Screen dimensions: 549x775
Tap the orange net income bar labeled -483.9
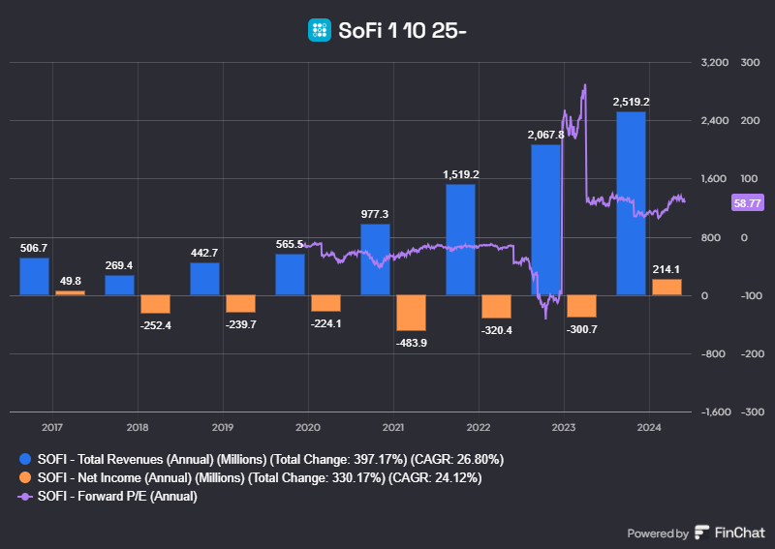411,313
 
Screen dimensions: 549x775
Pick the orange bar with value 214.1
666,287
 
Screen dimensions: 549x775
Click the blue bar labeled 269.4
119,285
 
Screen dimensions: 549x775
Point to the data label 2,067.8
545,135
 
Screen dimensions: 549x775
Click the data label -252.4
155,324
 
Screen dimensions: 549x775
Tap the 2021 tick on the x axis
393,427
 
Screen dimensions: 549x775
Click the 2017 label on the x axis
52,427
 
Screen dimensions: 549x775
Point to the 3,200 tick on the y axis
713,62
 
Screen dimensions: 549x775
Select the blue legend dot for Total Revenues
26,458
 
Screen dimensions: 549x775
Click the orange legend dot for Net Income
26,477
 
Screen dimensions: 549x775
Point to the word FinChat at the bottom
740,533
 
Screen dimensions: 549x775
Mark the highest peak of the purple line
584,85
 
